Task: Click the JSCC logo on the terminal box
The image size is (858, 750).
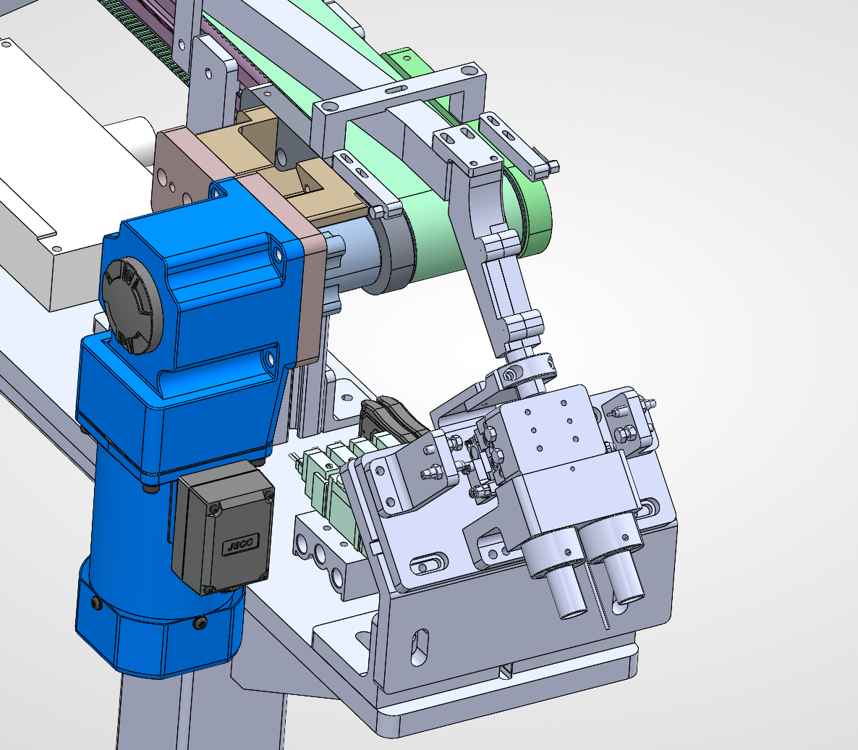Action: [240, 545]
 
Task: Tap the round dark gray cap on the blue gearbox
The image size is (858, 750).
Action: [132, 306]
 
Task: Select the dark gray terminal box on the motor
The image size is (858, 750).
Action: [223, 526]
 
